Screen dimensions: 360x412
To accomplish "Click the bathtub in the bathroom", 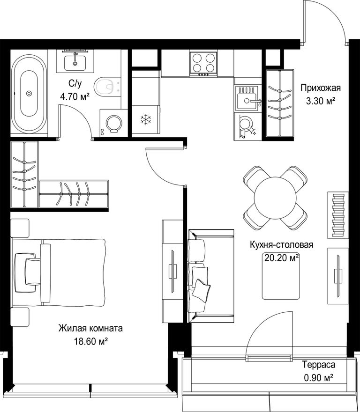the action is point(29,93).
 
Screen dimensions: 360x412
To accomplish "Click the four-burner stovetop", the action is point(203,64).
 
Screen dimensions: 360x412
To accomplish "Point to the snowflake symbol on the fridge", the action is point(145,119).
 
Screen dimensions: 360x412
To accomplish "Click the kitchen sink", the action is point(248,98).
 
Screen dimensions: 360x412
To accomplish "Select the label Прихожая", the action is point(321,88).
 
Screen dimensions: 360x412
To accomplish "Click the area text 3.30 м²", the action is point(320,101).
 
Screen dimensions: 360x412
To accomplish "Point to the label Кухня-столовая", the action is point(281,245).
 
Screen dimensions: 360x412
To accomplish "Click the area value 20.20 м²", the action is point(281,258).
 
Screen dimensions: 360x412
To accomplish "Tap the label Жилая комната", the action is point(90,329).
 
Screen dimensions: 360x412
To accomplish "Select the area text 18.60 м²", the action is point(91,342).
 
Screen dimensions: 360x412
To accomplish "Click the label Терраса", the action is point(318,365).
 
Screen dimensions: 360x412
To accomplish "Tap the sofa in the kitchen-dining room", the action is point(210,276).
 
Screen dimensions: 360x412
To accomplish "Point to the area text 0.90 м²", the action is point(319,378).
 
